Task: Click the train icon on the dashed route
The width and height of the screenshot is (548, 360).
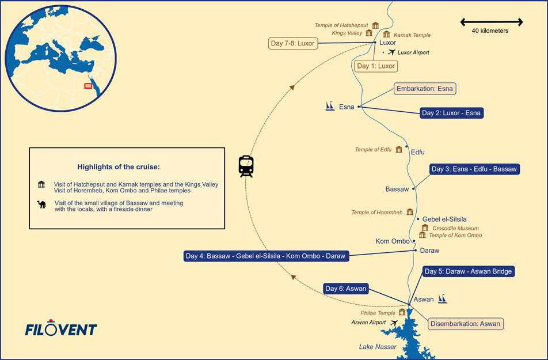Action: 246,166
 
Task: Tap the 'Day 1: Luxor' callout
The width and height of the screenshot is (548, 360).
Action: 376,66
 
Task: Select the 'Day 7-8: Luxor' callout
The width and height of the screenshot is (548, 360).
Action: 292,43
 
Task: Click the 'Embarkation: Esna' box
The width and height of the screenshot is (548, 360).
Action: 425,89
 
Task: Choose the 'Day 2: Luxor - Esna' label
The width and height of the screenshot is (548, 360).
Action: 451,113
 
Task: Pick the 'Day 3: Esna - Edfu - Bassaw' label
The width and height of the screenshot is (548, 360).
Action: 474,169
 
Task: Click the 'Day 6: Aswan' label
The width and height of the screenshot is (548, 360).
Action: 345,289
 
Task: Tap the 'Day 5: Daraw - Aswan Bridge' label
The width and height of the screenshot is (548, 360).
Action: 467,271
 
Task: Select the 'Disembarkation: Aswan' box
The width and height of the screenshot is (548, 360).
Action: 465,324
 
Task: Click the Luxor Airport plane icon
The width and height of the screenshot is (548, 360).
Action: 392,52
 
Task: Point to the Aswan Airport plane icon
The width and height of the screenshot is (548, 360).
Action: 394,323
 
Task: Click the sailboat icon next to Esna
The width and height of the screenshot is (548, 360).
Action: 330,106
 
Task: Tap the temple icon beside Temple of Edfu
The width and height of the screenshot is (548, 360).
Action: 399,150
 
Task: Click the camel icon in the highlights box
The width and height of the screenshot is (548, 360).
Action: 41,204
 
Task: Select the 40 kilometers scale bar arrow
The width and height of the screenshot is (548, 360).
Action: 491,22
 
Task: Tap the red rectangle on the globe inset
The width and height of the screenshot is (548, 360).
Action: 88,86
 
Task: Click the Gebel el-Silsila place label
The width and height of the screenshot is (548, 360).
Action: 444,219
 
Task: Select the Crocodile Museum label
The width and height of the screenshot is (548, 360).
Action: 455,228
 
